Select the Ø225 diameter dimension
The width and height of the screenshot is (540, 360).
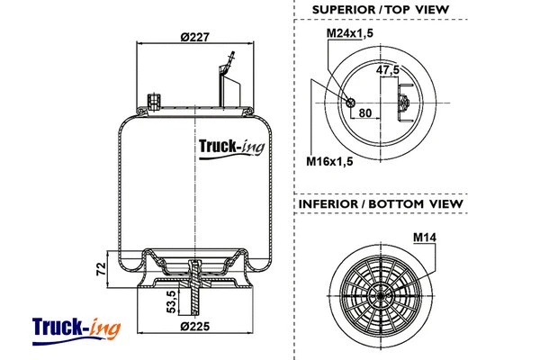pyautogui.click(x=193, y=325)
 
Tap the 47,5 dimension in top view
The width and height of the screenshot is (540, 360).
pyautogui.click(x=388, y=69)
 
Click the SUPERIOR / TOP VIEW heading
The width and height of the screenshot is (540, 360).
pyautogui.click(x=379, y=10)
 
